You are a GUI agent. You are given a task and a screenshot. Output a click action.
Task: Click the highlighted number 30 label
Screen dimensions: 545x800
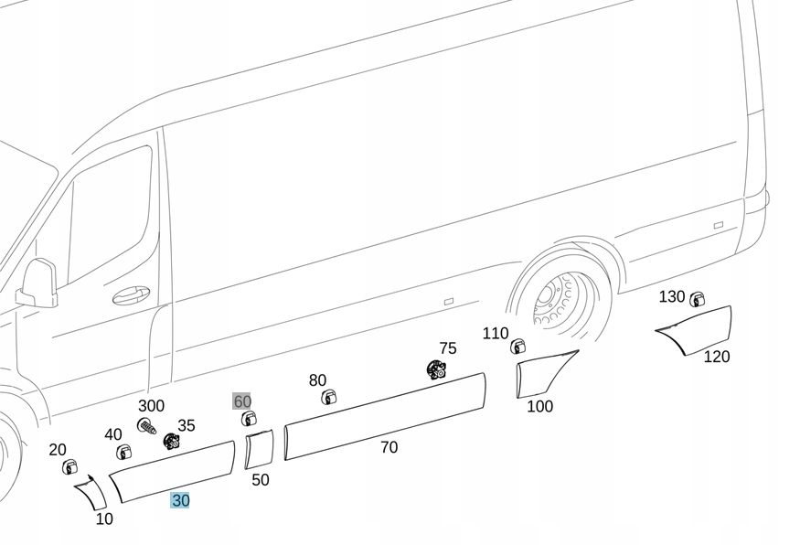point(180,501)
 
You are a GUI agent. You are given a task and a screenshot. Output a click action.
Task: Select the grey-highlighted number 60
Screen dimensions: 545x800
point(242,401)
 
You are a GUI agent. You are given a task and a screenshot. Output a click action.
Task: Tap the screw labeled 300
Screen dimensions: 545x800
point(146,425)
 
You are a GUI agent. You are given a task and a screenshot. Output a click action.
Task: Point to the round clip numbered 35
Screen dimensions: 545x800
point(171,442)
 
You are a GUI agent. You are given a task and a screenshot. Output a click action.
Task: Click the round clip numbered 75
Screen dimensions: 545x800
point(436,369)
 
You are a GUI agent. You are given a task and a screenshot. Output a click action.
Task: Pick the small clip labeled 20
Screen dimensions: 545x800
point(69,467)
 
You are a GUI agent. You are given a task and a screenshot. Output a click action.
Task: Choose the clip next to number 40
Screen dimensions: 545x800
point(123,452)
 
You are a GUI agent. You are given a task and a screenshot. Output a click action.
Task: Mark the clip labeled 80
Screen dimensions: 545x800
point(329,397)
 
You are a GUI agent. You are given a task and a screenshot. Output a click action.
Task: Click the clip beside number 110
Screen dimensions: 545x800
point(517,347)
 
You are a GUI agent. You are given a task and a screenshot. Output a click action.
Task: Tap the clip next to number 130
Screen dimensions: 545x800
point(698,299)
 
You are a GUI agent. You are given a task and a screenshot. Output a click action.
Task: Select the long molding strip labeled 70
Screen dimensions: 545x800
point(384,415)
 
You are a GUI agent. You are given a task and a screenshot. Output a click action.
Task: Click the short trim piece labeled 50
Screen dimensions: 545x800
point(259,449)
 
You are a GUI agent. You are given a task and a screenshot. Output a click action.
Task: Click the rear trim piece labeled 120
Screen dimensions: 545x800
point(699,330)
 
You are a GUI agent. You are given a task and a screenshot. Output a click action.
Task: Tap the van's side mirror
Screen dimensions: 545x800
point(39,283)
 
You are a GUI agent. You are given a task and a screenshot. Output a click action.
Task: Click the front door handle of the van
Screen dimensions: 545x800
point(132,295)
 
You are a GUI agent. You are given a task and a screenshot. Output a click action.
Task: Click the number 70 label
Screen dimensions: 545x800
point(389,447)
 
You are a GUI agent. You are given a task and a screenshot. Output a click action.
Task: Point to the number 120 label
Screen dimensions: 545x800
point(716,357)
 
